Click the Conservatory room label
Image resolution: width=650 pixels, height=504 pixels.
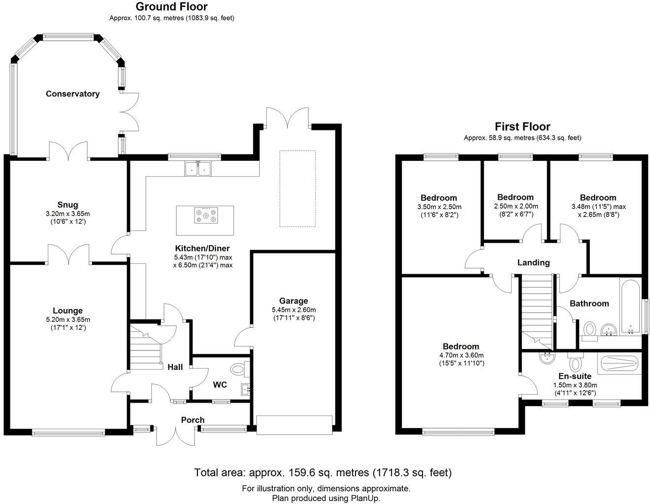[x=72, y=94]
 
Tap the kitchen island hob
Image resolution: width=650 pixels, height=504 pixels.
[x=205, y=216]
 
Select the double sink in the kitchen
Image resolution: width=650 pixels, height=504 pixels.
[x=198, y=169]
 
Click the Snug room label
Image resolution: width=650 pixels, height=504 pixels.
[x=67, y=205]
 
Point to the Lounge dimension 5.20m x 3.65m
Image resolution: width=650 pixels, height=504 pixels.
[x=67, y=319]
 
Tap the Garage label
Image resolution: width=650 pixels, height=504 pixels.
[x=293, y=301]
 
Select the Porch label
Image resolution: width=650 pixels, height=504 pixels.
[x=193, y=420]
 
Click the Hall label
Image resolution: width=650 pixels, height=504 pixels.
[x=175, y=367]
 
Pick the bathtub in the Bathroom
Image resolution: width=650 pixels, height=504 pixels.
[x=630, y=308]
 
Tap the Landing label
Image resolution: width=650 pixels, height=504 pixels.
[x=533, y=262]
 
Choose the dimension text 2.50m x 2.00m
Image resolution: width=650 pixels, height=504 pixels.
[x=516, y=206]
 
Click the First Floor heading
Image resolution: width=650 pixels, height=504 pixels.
[x=522, y=126]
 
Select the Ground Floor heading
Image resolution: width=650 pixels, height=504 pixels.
[x=171, y=6]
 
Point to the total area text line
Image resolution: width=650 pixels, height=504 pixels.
[x=323, y=473]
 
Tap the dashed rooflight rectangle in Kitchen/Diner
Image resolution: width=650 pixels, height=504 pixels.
[x=297, y=189]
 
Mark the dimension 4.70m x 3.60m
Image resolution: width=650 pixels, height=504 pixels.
[x=460, y=355]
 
